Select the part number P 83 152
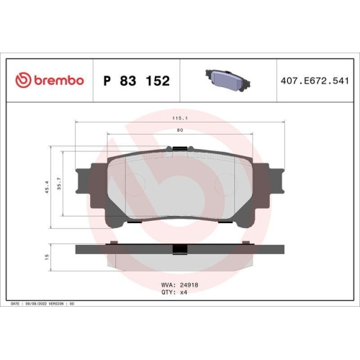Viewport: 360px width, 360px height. click(137, 81)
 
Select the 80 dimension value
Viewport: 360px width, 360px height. click(180, 130)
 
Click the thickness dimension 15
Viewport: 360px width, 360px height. click(47, 256)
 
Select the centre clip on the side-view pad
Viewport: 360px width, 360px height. click(180, 249)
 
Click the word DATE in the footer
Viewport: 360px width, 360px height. click(16, 305)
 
